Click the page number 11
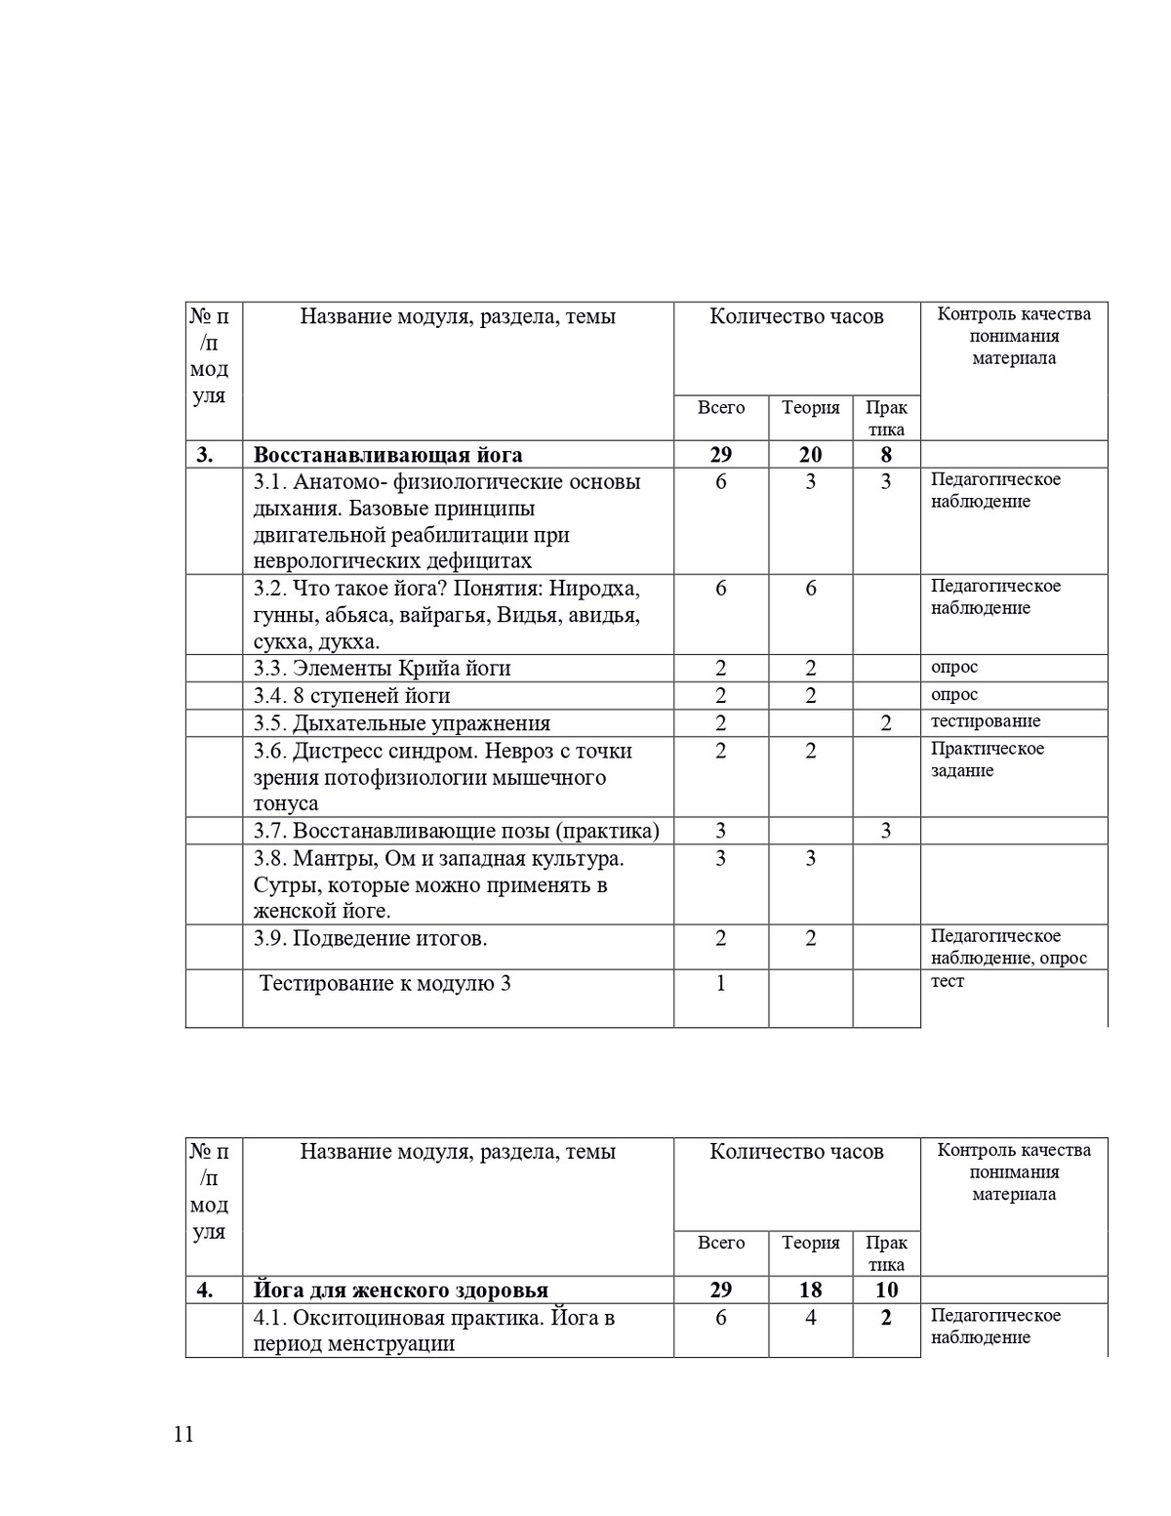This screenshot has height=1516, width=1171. point(183,1434)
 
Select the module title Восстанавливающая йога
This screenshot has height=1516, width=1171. point(387,455)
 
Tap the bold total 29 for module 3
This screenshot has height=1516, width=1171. point(721,455)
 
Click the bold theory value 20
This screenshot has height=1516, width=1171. point(810,455)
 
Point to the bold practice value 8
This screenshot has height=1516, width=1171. point(886,455)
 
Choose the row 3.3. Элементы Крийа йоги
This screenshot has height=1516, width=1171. point(383,669)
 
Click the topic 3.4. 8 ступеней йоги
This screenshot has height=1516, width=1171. point(352,696)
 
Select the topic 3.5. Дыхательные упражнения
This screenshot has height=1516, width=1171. point(402,723)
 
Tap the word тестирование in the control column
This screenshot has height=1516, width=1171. point(986,721)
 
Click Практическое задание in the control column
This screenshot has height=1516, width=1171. point(987,759)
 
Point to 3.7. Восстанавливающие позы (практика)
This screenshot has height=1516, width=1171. point(457,831)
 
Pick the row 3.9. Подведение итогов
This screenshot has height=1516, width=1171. point(371,939)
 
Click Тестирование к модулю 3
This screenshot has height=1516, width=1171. point(385,983)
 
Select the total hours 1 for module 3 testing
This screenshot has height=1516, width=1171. point(721,983)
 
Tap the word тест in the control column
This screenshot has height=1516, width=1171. point(947,981)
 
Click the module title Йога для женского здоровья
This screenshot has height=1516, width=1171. point(400,1291)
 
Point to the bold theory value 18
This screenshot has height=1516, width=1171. point(810,1291)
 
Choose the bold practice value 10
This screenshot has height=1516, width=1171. point(886,1291)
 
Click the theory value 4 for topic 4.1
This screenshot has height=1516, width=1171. point(810,1318)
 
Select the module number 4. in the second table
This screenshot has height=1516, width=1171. point(205,1291)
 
